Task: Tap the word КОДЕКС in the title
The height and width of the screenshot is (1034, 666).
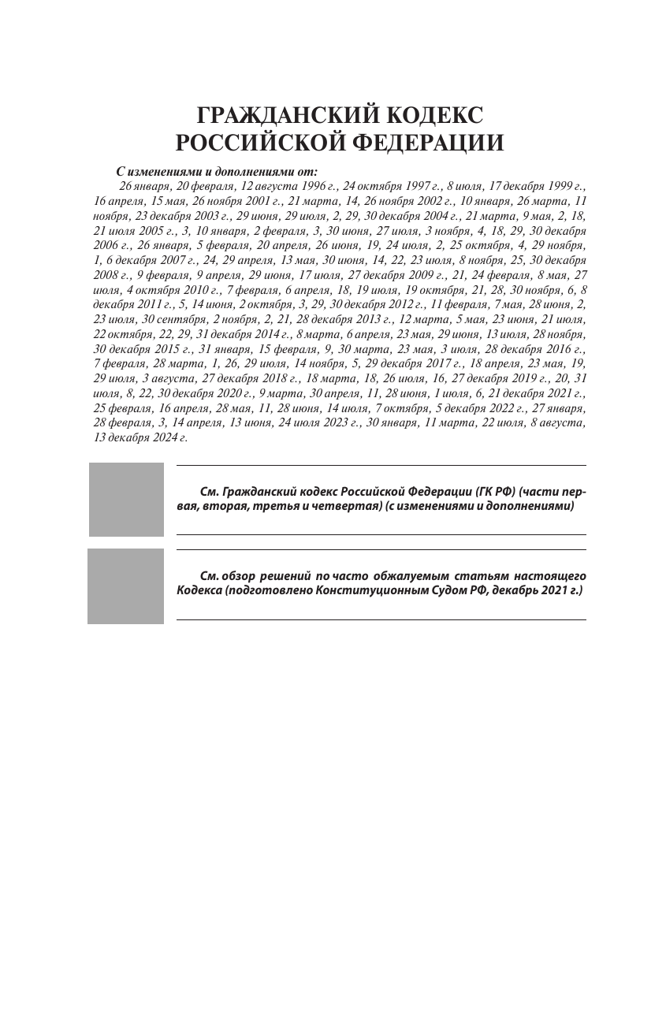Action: pyautogui.click(x=434, y=115)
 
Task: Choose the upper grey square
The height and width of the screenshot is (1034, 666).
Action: pyautogui.click(x=126, y=499)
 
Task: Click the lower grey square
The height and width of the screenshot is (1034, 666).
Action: pyautogui.click(x=126, y=586)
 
